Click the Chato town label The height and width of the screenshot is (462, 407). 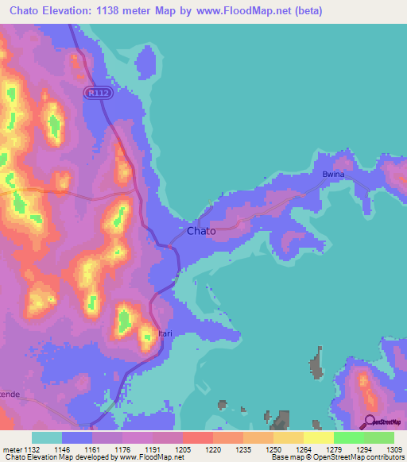(200, 231)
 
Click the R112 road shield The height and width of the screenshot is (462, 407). (97, 93)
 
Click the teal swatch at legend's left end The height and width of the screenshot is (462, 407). (46, 437)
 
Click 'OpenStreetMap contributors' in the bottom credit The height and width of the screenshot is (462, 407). (355, 458)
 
